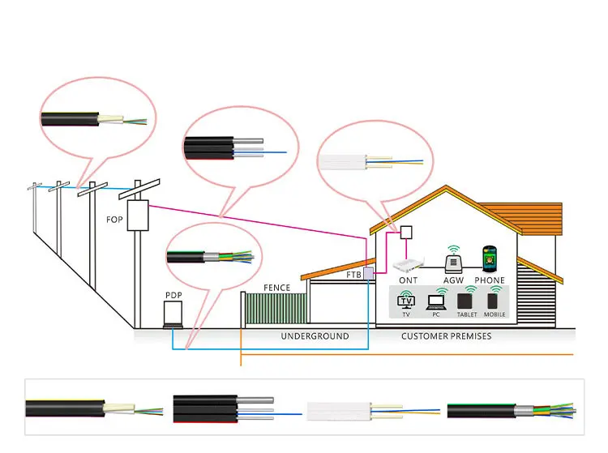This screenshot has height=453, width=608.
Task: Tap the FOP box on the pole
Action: point(138,216)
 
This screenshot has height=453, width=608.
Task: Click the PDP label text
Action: point(173,295)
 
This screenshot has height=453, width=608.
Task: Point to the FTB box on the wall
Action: point(368,273)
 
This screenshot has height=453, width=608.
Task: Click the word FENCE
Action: point(277,288)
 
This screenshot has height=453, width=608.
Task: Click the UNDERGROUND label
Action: point(315,335)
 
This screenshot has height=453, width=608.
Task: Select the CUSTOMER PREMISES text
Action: point(446,335)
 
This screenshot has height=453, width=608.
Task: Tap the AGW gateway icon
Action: point(453,261)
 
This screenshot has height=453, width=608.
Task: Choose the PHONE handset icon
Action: point(490,259)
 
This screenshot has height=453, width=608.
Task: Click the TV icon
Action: point(405,301)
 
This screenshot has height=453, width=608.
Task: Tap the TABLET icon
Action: point(466,303)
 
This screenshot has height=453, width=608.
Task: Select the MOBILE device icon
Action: point(493,301)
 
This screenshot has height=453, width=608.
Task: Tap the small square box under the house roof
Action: point(406,232)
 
